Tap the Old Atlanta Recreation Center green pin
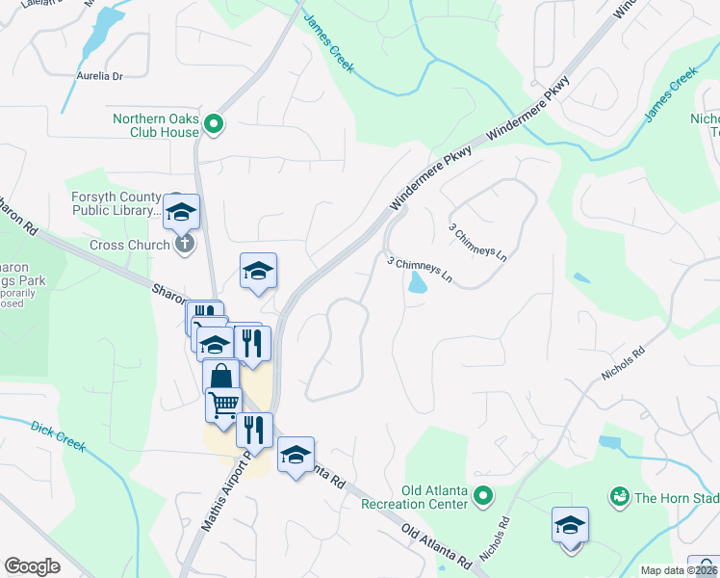tap(484, 496)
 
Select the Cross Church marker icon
tap(186, 245)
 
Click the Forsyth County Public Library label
tap(116, 203)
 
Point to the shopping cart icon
tap(224, 406)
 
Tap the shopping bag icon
tap(221, 377)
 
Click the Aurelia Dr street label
tap(100, 75)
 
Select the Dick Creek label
tap(58, 436)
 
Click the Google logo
tap(33, 566)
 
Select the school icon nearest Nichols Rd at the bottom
tap(571, 526)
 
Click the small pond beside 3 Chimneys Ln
tap(418, 282)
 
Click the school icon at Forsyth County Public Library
tap(180, 212)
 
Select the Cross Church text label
tap(130, 245)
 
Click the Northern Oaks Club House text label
tap(155, 125)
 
